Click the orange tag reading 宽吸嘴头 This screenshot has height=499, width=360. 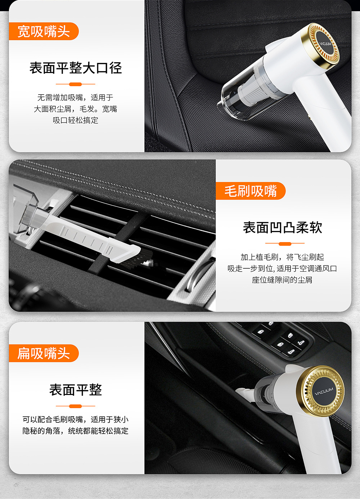pos(44,31)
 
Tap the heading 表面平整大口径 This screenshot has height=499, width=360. pos(76,68)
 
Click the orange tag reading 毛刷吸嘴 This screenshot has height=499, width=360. pos(251,191)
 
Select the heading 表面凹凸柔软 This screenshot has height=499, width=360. pos(283,227)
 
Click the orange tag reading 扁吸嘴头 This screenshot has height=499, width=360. pos(44,353)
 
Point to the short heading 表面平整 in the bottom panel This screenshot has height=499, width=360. pos(76,390)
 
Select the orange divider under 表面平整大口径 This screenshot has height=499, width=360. pos(75,84)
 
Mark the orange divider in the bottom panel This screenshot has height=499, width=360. pos(75,406)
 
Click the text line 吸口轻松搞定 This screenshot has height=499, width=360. pos(76,120)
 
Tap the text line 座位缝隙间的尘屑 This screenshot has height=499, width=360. pos(282,280)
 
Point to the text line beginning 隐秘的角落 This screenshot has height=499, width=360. pos(76,431)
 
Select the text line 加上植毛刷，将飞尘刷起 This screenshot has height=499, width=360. pos(282,257)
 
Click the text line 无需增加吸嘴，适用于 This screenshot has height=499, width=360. pos(76,97)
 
